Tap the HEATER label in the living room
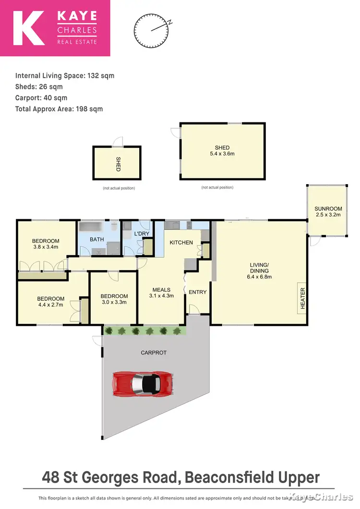click(303, 298)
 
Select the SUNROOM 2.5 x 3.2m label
click(328, 212)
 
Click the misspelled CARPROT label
click(154, 352)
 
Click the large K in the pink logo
click(29, 28)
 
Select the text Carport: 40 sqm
click(41, 98)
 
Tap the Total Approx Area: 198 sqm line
click(59, 109)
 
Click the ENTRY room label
click(197, 292)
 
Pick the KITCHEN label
click(181, 242)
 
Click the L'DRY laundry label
click(142, 234)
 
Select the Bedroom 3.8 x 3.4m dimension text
click(46, 248)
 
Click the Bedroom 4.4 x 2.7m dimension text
click(50, 305)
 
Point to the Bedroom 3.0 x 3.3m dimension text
click(114, 302)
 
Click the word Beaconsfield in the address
click(228, 477)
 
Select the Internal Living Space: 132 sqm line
click(65, 76)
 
